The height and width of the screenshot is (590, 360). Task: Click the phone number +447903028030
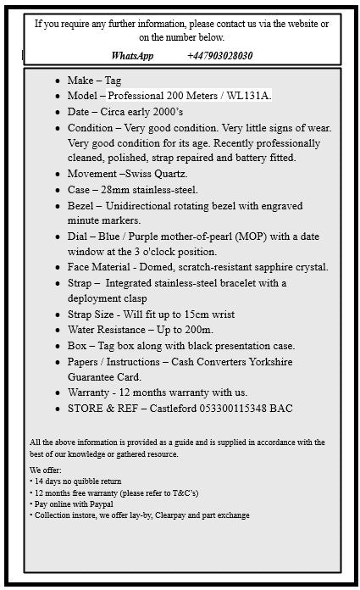[x=219, y=56]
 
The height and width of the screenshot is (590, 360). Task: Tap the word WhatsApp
[x=133, y=56]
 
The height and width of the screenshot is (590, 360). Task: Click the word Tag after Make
[x=112, y=81]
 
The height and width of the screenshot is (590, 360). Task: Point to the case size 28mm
[x=119, y=190]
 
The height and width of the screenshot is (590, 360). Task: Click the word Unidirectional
[x=146, y=206]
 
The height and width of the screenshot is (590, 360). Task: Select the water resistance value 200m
[x=199, y=330]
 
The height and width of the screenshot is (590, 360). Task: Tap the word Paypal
[x=98, y=504]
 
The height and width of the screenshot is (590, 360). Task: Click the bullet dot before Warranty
[x=57, y=393]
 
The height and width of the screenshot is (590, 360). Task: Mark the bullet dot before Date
[x=57, y=112]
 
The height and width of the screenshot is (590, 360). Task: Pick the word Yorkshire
[x=263, y=361]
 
